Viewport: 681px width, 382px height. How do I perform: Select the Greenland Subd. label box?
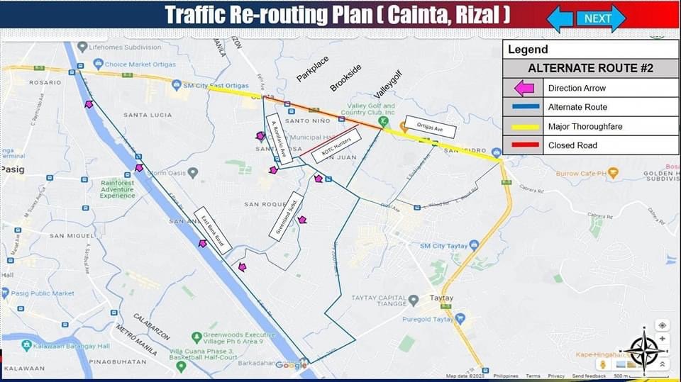[x=286, y=213]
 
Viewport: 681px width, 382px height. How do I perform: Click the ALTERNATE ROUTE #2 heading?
[x=590, y=68]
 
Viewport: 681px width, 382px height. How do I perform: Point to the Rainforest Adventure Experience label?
[x=117, y=189]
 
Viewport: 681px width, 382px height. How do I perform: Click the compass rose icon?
[x=644, y=349]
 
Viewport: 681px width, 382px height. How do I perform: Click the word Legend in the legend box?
[x=528, y=50]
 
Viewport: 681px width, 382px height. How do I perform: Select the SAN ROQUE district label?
[x=263, y=204]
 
